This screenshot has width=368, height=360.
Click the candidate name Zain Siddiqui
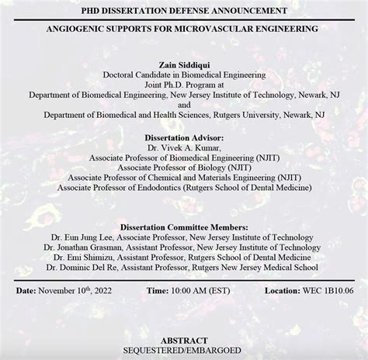[184, 64]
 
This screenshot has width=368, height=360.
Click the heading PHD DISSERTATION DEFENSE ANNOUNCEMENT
[184, 11]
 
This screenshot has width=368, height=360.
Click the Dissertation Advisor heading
[184, 137]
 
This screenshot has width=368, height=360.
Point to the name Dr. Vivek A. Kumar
[184, 146]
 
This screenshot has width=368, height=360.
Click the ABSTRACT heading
[184, 340]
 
